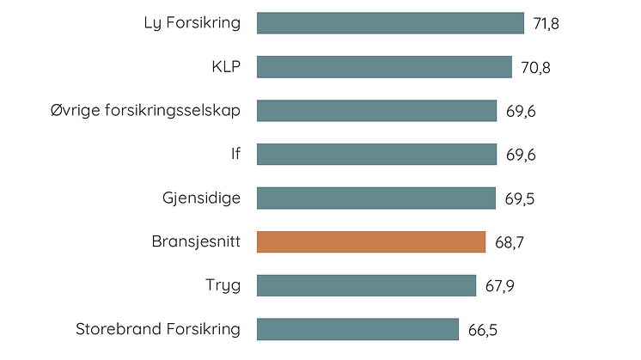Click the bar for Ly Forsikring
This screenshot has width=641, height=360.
[390, 23]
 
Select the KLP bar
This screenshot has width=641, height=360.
[385, 67]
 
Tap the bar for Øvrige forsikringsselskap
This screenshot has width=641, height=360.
[376, 111]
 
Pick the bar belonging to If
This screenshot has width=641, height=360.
[376, 155]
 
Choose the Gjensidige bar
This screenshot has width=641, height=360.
[375, 198]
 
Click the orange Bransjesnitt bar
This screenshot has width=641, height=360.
[371, 242]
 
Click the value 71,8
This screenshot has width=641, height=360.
[546, 24]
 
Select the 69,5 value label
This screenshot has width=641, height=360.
[519, 199]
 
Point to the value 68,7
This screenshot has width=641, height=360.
[510, 243]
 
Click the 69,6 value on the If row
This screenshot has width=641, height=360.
[520, 156]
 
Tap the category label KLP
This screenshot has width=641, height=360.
[226, 66]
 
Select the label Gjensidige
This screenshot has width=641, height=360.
[201, 198]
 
